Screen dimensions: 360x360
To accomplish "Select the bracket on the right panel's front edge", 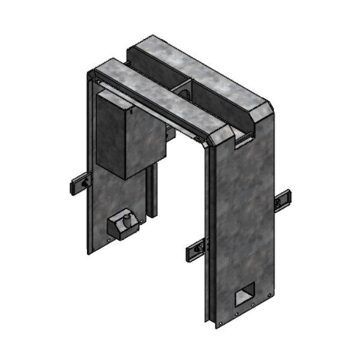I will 196,249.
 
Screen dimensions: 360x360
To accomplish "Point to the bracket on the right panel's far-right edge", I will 282,200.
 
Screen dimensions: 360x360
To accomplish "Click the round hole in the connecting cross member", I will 184,94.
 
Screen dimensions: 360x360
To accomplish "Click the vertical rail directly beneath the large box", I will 150,192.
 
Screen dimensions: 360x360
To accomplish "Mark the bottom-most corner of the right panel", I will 217,328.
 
